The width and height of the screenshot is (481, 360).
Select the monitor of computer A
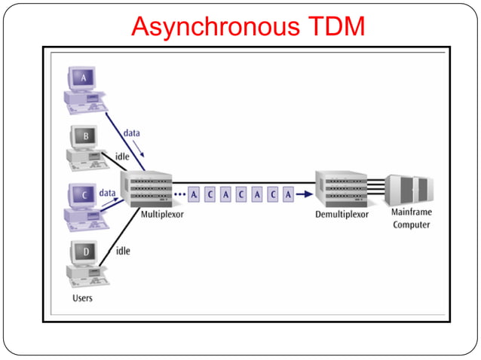click(83, 78)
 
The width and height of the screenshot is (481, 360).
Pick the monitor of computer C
click(83, 194)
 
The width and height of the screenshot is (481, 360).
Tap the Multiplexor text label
click(162, 215)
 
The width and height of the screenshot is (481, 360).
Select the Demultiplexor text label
click(342, 215)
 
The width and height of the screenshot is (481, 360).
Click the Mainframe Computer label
click(412, 219)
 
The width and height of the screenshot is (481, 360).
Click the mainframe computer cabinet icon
click(409, 190)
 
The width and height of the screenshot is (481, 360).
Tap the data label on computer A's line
click(132, 133)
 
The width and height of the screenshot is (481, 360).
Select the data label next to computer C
click(108, 193)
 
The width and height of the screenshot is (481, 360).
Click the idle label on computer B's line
click(122, 156)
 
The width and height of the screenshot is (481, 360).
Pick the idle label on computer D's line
click(122, 250)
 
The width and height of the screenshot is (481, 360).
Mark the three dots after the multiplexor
click(179, 194)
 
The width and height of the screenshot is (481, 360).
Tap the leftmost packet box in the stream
click(194, 194)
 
